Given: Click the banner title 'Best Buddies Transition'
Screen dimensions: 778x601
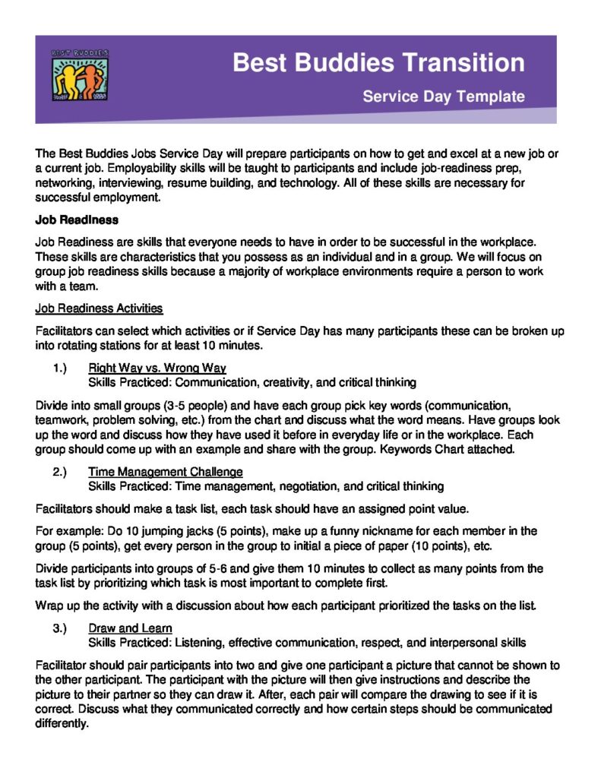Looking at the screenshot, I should coord(378,62).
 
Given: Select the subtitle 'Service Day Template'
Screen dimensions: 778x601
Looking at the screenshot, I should coord(443,96).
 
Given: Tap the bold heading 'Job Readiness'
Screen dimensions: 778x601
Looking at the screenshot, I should coord(77,220).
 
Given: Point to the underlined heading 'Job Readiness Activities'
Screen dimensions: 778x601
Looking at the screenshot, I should coord(99,308).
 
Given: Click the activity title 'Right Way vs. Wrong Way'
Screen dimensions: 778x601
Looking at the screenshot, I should coord(157,368).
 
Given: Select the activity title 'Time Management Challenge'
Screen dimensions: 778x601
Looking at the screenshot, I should coord(166,472).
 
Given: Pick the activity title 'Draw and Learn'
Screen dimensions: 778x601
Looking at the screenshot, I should coord(130,628).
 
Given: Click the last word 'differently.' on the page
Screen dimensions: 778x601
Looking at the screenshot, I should coord(62,723).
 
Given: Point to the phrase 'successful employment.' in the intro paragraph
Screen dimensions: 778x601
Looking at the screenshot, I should coord(98,198).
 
